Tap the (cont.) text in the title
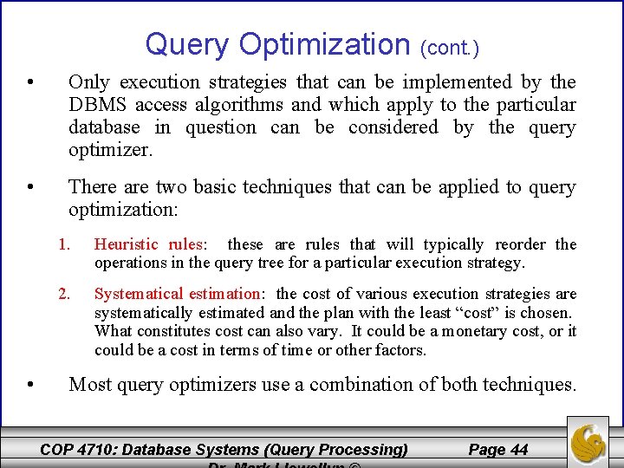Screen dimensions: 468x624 [x=450, y=47]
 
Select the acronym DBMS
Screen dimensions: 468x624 [x=97, y=105]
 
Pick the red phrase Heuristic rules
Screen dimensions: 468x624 [x=147, y=244]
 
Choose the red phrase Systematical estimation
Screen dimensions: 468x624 [x=177, y=294]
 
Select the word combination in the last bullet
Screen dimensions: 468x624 [x=380, y=384]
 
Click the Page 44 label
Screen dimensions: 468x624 [x=498, y=449]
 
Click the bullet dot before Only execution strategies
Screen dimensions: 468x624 [x=30, y=83]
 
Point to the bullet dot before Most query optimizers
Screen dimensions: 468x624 [x=30, y=385]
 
